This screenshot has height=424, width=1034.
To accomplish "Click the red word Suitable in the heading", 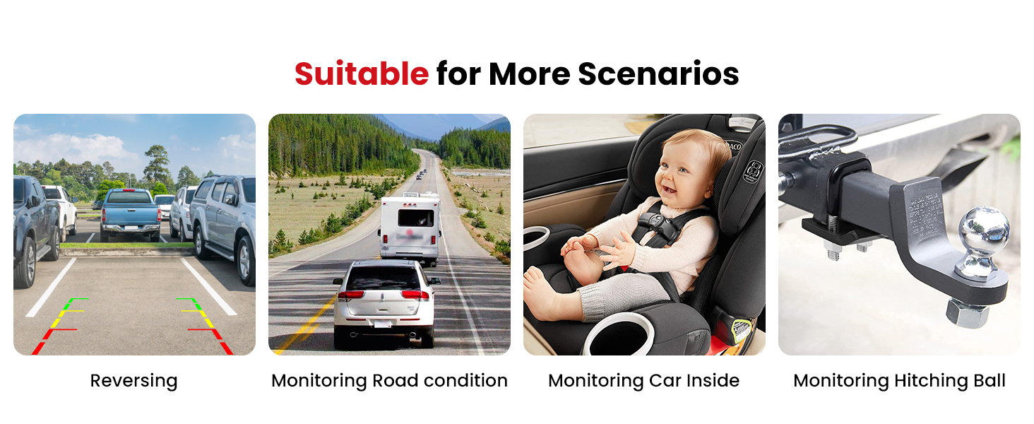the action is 362,74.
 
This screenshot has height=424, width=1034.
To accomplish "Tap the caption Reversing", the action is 133,381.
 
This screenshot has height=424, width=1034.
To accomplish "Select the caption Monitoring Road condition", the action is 389,381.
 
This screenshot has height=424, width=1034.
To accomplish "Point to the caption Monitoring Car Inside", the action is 643,381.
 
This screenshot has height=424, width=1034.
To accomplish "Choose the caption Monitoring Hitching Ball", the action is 899,381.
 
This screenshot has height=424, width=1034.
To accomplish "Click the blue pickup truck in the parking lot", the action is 130,214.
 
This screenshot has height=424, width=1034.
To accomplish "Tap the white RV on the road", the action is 409,228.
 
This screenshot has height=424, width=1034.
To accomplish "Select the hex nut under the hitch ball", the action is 968,313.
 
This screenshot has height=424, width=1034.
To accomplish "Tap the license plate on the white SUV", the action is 383,324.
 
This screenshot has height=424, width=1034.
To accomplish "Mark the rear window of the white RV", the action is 415,218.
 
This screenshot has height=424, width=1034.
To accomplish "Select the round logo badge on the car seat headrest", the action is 753,171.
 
